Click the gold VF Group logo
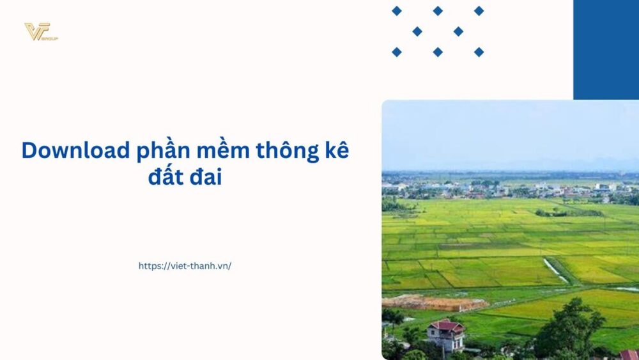click(x=40, y=31)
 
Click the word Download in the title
click(x=75, y=151)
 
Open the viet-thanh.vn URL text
click(x=185, y=266)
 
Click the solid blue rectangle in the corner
click(x=606, y=49)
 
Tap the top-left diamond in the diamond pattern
click(x=397, y=11)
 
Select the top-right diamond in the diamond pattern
click(x=479, y=11)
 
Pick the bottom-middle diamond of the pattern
click(x=438, y=52)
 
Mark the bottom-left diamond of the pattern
click(x=397, y=52)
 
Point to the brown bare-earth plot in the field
click(x=435, y=302)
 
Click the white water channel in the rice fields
click(x=554, y=269)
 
